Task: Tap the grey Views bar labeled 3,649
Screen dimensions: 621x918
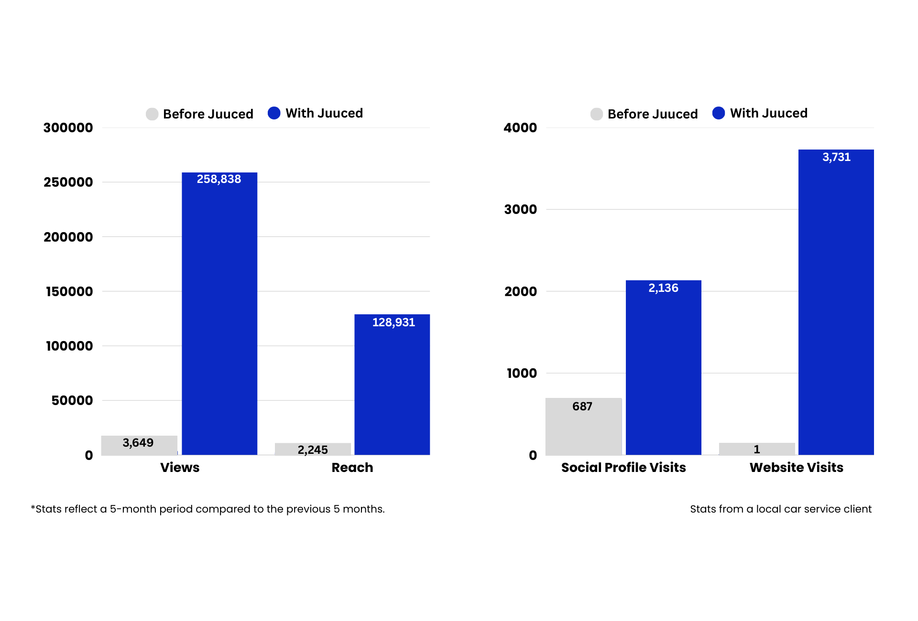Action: click(139, 445)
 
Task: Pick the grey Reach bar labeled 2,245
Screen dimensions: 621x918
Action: click(313, 449)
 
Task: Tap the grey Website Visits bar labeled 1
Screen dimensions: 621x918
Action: click(757, 449)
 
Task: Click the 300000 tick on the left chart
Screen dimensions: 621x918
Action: click(68, 128)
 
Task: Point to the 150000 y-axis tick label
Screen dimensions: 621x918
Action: click(69, 291)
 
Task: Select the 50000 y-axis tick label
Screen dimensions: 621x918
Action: click(72, 400)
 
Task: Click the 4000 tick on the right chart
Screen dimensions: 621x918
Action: click(520, 128)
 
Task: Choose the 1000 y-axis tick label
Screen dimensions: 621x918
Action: click(522, 373)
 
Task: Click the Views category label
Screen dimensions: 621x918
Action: click(180, 467)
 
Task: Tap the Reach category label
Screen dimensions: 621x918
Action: click(352, 467)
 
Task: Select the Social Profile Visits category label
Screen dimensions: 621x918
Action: click(623, 467)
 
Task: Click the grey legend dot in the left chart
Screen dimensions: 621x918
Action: click(152, 114)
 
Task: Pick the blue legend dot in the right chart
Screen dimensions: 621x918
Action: click(718, 113)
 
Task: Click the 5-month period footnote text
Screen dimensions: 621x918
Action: click(208, 509)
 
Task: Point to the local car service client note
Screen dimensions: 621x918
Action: click(781, 509)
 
